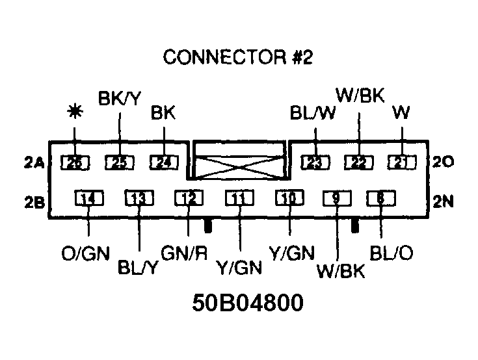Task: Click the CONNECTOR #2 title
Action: point(238,57)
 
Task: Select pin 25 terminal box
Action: point(120,163)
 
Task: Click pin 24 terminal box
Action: point(164,163)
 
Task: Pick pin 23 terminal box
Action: point(315,162)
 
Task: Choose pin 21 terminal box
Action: point(401,162)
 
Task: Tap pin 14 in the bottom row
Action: point(89,199)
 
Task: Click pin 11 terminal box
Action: point(239,199)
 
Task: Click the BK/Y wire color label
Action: point(119,99)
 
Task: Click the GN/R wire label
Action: point(184,254)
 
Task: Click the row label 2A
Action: point(34,164)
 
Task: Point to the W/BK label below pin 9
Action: point(341,270)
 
